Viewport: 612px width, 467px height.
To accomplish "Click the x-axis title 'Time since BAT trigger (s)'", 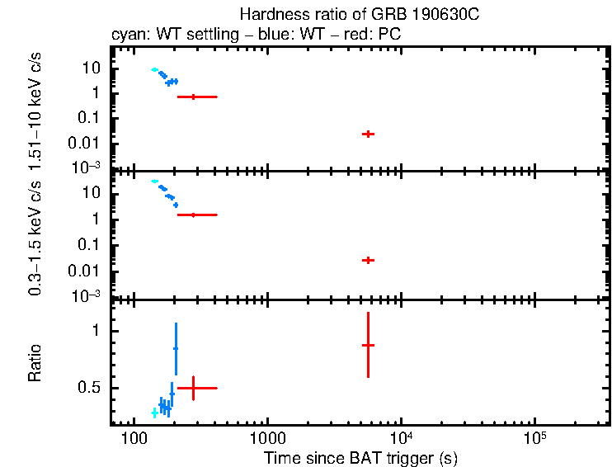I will [x=360, y=457].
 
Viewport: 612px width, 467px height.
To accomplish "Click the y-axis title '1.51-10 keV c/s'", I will [x=35, y=107].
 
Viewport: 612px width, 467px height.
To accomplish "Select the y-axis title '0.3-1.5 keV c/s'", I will [x=35, y=238].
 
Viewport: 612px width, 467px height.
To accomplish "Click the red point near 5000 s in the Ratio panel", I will [x=368, y=345].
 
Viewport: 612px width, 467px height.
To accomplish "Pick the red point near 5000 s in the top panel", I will [x=368, y=134].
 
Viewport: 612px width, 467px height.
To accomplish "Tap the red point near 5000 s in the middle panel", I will [x=368, y=260].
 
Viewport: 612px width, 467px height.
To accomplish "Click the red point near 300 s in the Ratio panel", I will [x=193, y=387].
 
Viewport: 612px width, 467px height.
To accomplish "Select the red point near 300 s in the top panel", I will [x=193, y=97].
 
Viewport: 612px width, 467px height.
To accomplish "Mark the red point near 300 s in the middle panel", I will [x=193, y=215].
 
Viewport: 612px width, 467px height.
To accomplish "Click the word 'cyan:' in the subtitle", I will [x=127, y=37].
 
